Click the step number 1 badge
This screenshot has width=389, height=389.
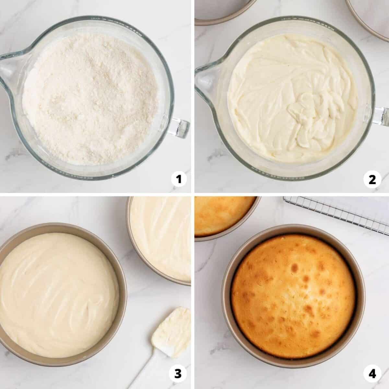(x=179, y=179)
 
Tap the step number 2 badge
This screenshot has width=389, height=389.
(x=372, y=179)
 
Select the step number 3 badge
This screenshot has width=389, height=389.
(x=178, y=374)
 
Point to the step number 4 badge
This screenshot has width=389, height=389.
(x=372, y=374)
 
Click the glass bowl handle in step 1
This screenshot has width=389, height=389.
(x=179, y=127)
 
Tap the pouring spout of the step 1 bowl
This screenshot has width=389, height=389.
(x=8, y=67)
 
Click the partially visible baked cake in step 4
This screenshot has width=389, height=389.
(x=223, y=216)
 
